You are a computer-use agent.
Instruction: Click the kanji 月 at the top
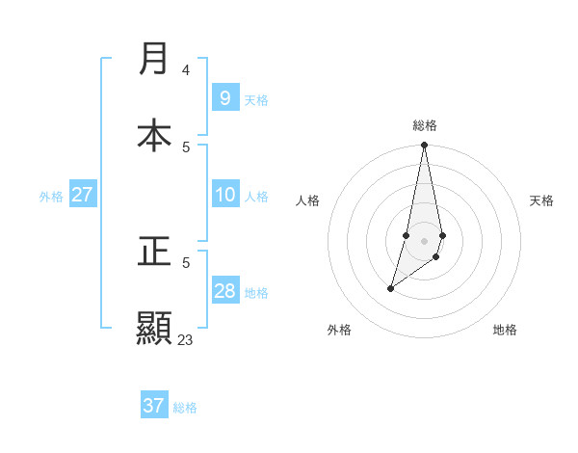tap(154, 59)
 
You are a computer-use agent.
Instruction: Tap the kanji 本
tap(154, 134)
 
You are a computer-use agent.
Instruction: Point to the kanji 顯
tap(154, 327)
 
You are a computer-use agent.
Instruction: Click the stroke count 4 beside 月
tap(185, 70)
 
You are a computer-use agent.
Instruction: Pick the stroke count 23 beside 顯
tap(185, 339)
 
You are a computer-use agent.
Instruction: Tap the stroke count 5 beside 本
tap(185, 147)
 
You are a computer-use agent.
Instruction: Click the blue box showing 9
tap(224, 97)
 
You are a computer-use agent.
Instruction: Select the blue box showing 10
tap(224, 195)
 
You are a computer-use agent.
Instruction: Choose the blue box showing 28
tap(224, 291)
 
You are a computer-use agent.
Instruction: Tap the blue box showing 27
tap(82, 195)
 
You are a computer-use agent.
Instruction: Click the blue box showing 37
tap(154, 406)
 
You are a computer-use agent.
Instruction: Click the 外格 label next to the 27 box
tap(51, 196)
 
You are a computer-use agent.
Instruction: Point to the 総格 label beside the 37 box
tap(185, 408)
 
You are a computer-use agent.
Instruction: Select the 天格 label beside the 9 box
tap(256, 99)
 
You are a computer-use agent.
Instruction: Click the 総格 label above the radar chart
tap(425, 125)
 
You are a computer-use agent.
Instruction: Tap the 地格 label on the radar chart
tap(505, 330)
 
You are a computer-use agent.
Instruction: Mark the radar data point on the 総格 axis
tap(425, 146)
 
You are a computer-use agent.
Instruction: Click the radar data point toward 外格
tap(390, 288)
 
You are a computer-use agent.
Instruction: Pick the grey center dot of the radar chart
tap(425, 240)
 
